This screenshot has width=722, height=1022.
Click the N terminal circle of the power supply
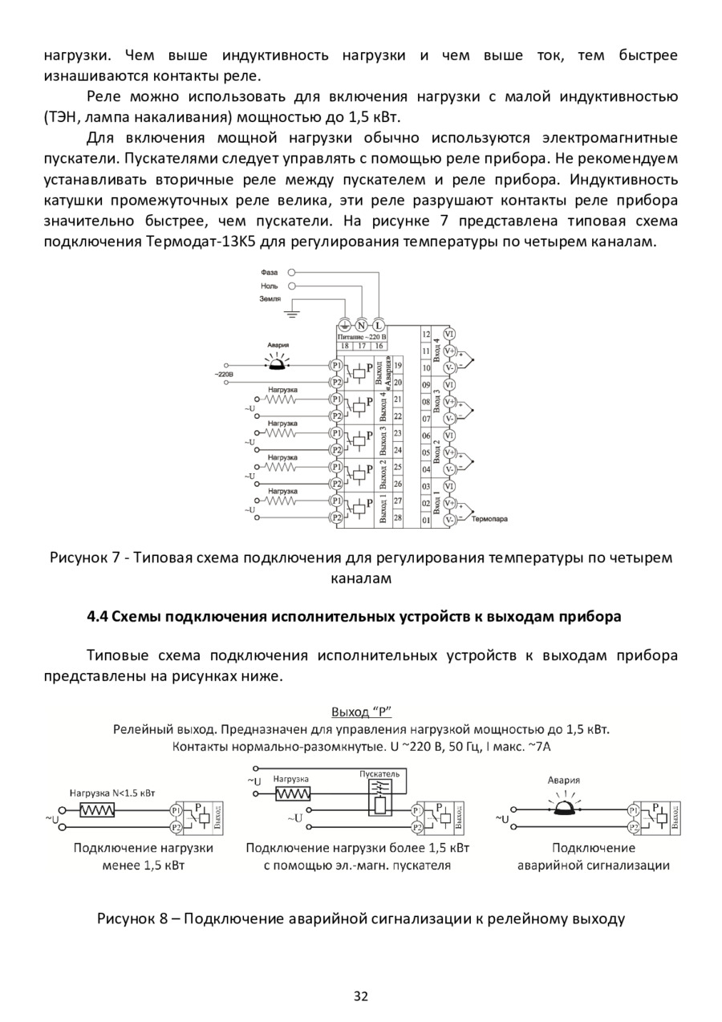(x=361, y=325)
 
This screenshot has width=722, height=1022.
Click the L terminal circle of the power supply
(x=379, y=325)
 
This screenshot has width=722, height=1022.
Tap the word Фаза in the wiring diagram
(x=270, y=273)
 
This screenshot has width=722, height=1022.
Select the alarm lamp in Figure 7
(x=277, y=363)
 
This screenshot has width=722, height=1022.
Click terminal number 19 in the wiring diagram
(x=398, y=364)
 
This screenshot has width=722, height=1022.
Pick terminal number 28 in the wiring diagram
(x=398, y=517)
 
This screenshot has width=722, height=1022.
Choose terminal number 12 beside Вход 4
(x=426, y=334)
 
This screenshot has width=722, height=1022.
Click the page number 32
(x=360, y=997)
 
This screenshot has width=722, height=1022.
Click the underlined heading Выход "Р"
(x=360, y=712)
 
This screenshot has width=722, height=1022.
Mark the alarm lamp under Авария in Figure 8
(x=563, y=798)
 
